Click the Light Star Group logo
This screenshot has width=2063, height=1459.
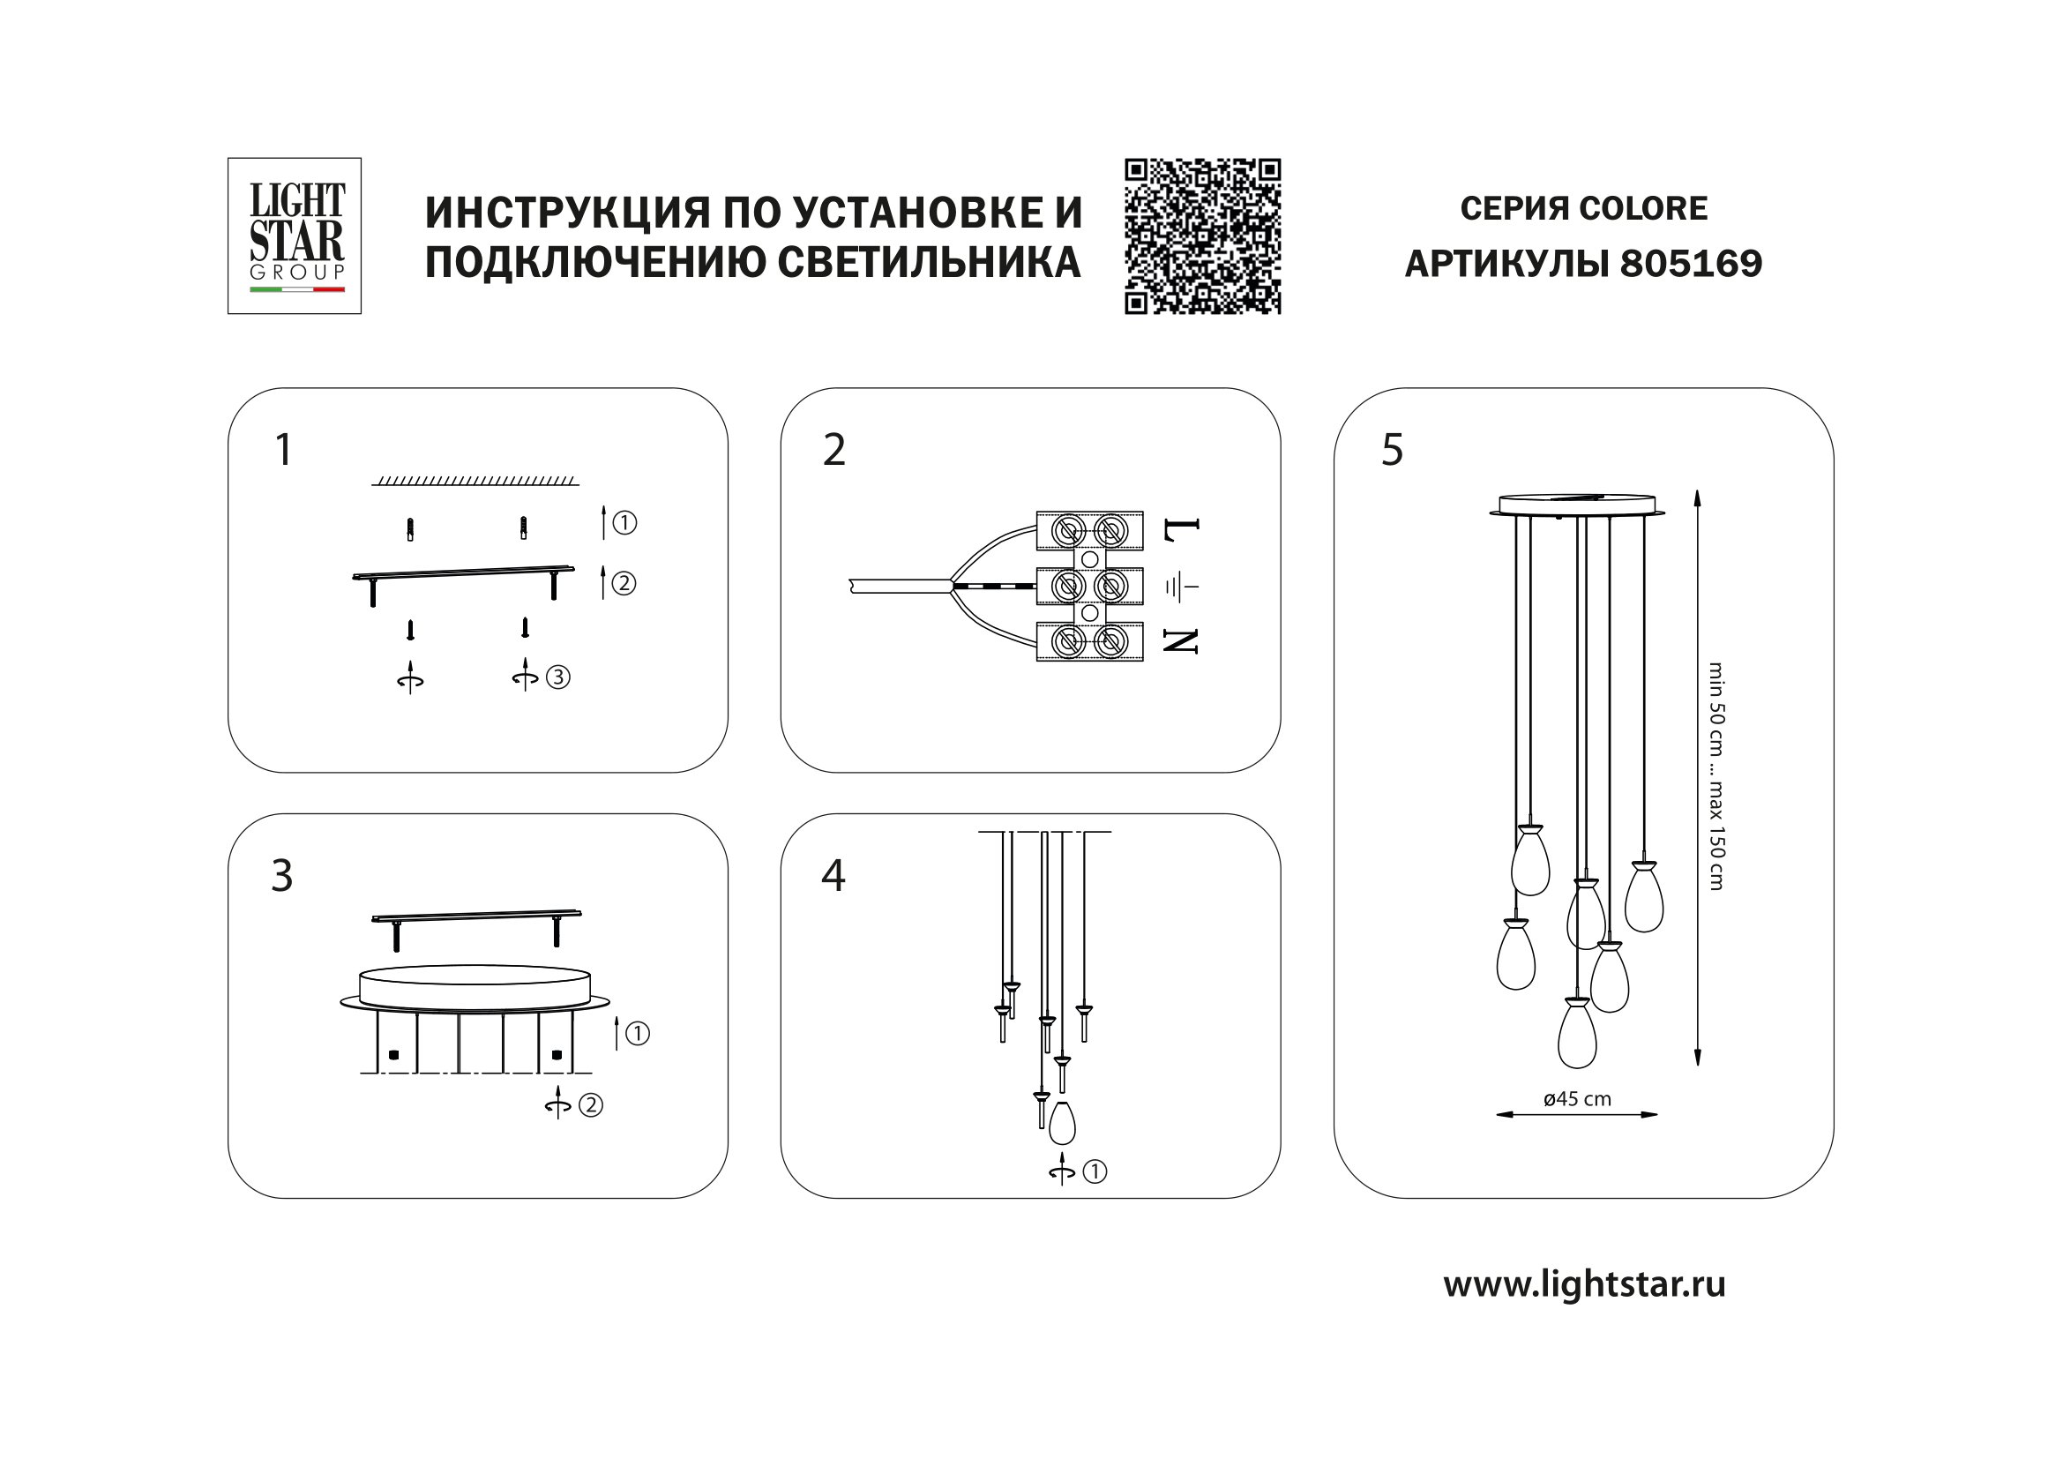tap(295, 236)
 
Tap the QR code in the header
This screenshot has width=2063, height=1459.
tap(1202, 236)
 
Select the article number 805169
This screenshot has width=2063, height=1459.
tap(1690, 264)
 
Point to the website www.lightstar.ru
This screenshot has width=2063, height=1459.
tap(1584, 1283)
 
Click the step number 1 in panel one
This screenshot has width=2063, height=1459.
tap(283, 450)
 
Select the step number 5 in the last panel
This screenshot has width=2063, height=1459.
tap(1392, 450)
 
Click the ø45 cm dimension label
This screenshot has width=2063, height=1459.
tap(1577, 1099)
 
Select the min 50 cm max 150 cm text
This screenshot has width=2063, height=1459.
tap(1715, 776)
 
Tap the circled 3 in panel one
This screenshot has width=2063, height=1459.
tap(558, 677)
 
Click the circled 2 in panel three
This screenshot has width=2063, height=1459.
tap(590, 1105)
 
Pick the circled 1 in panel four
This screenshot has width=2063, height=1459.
tap(1095, 1171)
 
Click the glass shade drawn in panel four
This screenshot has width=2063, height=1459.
tap(1062, 1122)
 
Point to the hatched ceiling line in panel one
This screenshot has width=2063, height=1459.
tap(475, 481)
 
